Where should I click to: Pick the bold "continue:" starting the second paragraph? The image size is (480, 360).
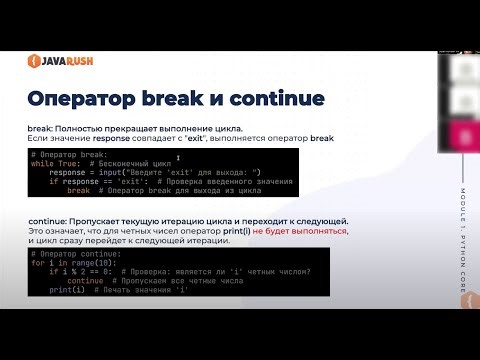coord(50,219)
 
